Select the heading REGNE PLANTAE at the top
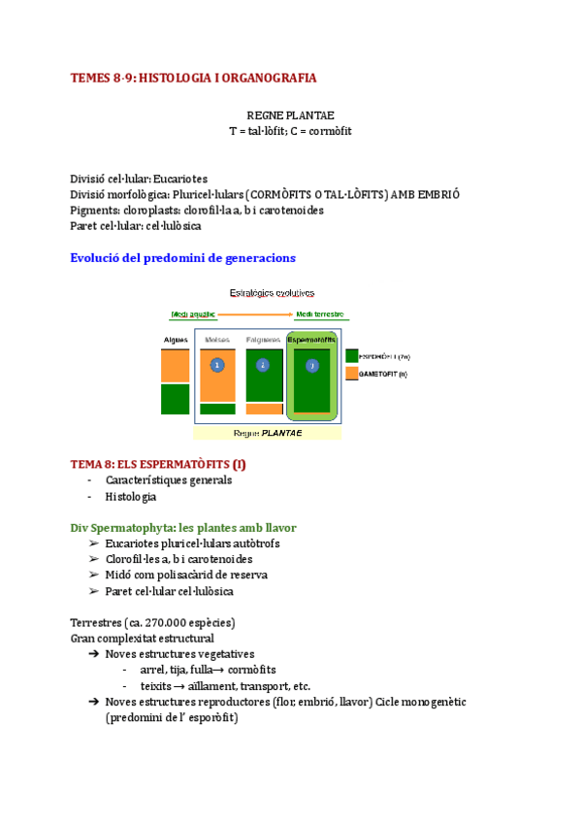pos(290,115)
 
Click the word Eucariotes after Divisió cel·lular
pos(181,179)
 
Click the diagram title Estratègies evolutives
pos(271,292)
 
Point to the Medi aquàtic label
pos(193,314)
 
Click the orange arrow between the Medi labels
pos(255,314)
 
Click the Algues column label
pos(176,340)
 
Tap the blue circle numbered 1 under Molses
pos(217,365)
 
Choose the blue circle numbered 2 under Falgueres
pos(263,365)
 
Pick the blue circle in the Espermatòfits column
pos(311,365)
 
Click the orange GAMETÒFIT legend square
pos(351,373)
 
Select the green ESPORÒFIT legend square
pos(351,356)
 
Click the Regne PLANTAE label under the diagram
pos(268,433)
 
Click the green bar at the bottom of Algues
pos(176,399)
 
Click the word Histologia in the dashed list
pos(131,496)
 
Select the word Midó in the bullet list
pos(119,575)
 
